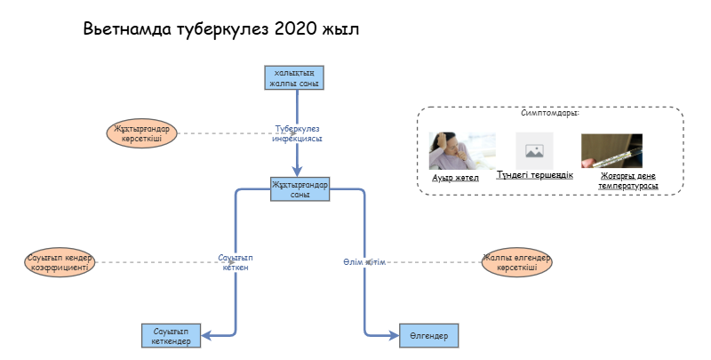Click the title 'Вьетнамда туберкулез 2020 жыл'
[x=221, y=28]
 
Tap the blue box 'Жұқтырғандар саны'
[x=300, y=189]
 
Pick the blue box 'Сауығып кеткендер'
[x=172, y=336]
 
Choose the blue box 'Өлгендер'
[x=428, y=335]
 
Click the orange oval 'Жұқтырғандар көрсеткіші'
[x=142, y=133]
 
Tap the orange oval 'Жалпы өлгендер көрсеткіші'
[x=517, y=262]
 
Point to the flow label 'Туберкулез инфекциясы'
[x=297, y=133]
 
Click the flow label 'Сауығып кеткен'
[x=235, y=262]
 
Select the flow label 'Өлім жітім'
[x=363, y=262]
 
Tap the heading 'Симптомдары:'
[x=549, y=114]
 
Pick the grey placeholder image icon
[x=534, y=150]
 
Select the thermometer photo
[x=611, y=151]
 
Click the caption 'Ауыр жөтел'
[x=455, y=178]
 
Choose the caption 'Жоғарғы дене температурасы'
[x=628, y=182]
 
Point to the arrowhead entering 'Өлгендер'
[x=394, y=335]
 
